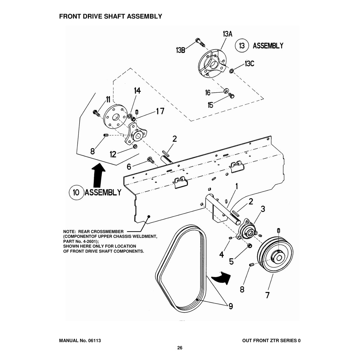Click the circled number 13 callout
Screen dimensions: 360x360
click(242, 46)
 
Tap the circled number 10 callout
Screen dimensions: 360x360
click(76, 192)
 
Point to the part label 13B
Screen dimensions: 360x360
click(181, 50)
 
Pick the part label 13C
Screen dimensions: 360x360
click(249, 64)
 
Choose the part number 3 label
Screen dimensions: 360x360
click(262, 209)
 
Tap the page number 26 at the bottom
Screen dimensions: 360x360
click(180, 348)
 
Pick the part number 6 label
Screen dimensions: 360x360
click(129, 167)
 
